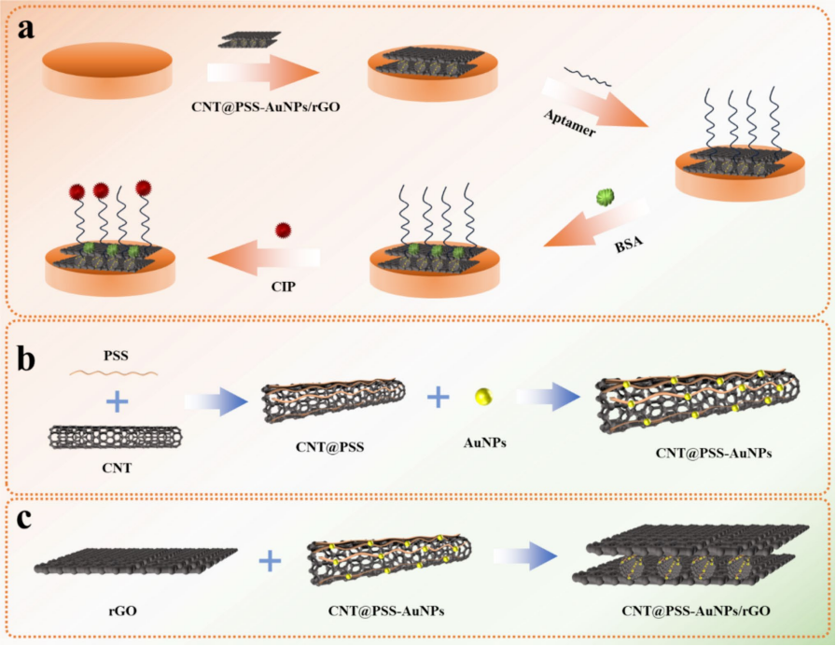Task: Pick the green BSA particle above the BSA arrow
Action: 606,198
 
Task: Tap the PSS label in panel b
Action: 116,356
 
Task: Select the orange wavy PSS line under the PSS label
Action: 115,373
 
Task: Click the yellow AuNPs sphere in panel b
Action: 483,396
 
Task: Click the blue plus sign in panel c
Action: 271,560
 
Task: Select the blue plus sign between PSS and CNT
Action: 117,402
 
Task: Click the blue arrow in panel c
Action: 524,556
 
